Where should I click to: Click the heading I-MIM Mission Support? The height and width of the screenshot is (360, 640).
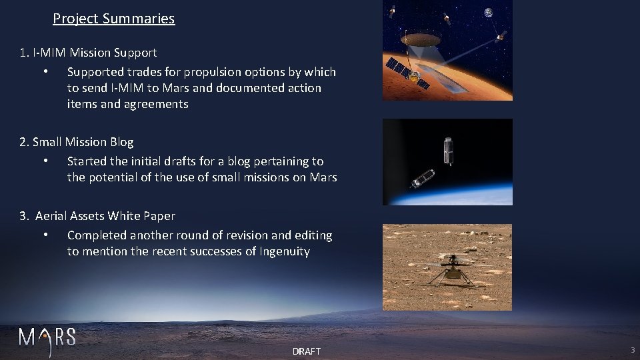[94, 53]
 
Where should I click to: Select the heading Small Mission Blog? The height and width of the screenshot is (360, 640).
[83, 142]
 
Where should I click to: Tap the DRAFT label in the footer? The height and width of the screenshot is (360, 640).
[306, 351]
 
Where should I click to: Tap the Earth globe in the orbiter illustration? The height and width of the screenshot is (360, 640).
[489, 13]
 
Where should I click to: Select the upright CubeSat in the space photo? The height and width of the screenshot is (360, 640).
[448, 151]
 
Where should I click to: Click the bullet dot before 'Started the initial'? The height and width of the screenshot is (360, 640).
[45, 161]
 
